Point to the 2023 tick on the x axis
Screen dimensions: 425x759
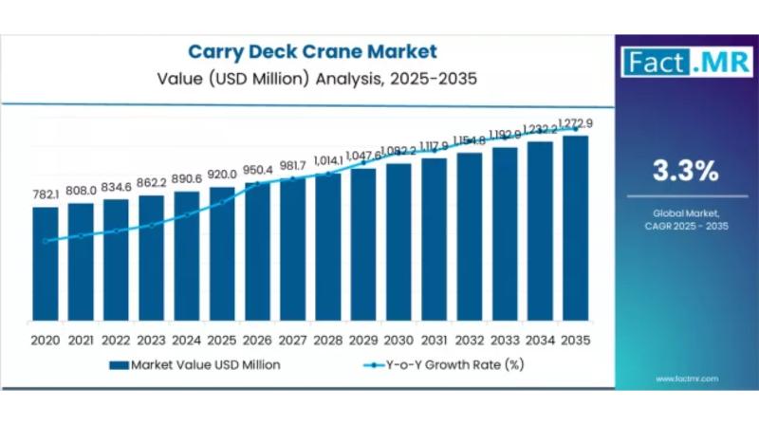(152, 339)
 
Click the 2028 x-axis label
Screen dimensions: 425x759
(328, 339)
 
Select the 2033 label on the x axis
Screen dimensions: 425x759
(505, 339)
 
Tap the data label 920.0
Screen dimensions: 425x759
(222, 175)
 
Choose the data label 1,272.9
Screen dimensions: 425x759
(576, 122)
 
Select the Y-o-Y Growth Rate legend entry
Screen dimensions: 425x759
(447, 364)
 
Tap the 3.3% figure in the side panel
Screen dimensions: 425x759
(684, 171)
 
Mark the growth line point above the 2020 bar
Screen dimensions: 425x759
(46, 241)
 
